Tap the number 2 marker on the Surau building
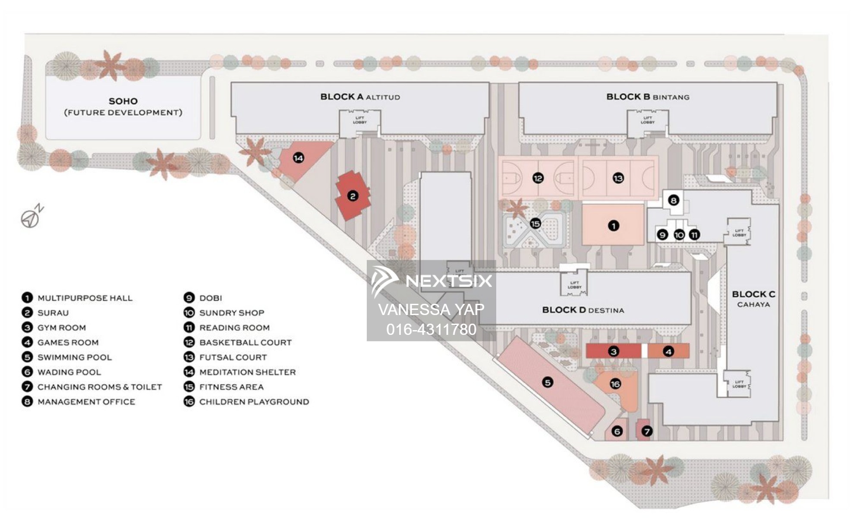coord(353,196)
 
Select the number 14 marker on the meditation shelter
coord(298,158)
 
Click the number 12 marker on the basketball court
coord(538,178)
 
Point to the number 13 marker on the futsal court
coord(618,178)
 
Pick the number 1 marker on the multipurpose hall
coord(613,226)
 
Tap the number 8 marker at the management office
coord(673,200)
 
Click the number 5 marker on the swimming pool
coord(548,382)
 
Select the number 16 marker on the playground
coord(615,384)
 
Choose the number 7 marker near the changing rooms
coord(646,431)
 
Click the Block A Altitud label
coord(360,97)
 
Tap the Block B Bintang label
coord(648,97)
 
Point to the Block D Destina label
coord(583,310)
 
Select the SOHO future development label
coord(123,107)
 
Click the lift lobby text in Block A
coord(359,120)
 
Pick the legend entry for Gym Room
coord(61,328)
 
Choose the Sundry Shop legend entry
coord(231,313)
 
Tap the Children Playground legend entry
coord(254,402)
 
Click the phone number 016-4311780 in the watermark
coord(431,329)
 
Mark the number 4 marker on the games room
coord(668,352)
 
